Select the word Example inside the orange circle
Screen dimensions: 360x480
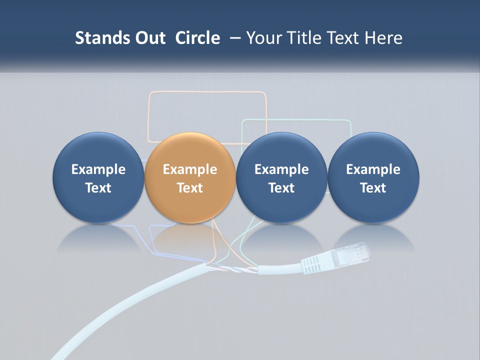[189, 169]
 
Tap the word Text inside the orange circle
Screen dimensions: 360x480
[189, 188]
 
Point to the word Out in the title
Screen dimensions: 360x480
[148, 38]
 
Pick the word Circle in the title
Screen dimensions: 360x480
[197, 38]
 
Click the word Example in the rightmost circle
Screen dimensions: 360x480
[373, 169]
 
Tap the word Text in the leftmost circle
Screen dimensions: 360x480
[98, 188]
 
